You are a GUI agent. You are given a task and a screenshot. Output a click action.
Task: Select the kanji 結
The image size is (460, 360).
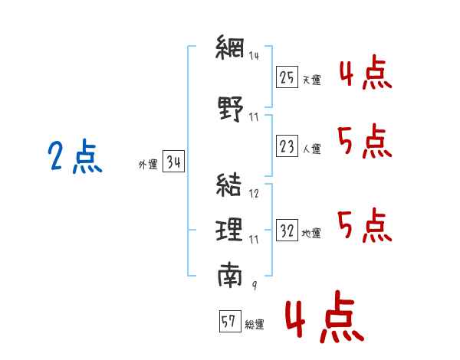(230, 185)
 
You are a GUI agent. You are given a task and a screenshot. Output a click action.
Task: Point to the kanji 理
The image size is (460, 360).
(230, 230)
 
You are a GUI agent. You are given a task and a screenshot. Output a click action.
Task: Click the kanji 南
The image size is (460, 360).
(230, 274)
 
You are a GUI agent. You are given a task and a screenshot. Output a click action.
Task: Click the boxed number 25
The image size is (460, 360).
(287, 77)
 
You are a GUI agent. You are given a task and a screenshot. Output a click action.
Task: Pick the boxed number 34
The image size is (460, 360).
(173, 162)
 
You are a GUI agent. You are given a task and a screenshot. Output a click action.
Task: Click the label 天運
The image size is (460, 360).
(311, 80)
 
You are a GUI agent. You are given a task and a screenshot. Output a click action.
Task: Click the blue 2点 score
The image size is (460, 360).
(74, 158)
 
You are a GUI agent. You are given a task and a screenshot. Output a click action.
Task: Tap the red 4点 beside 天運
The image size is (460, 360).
(365, 74)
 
